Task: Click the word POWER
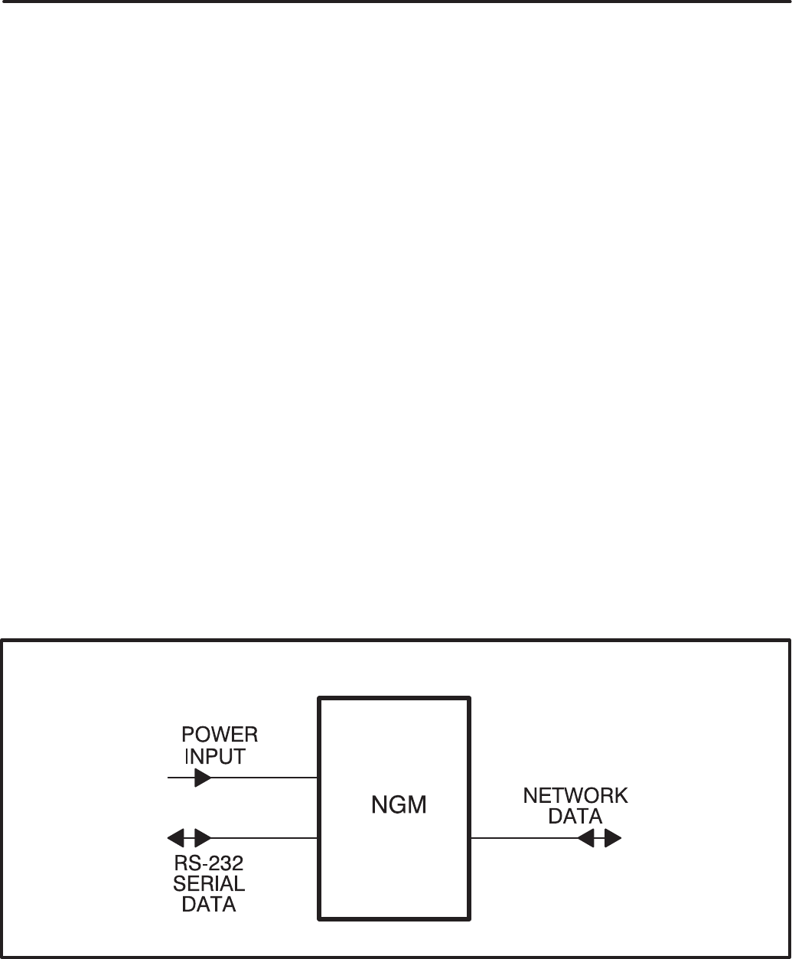220,736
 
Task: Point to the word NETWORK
575,796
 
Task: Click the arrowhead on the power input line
203,778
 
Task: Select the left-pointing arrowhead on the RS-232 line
177,838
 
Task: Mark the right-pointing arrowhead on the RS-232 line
203,838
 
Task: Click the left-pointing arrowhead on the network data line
586,838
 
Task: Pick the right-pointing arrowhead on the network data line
612,838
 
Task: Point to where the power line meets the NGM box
319,778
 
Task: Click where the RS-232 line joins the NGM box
319,838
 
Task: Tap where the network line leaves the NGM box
469,838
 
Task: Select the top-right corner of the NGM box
468,698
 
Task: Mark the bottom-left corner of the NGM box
320,917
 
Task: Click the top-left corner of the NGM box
320,698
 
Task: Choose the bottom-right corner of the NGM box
468,917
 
